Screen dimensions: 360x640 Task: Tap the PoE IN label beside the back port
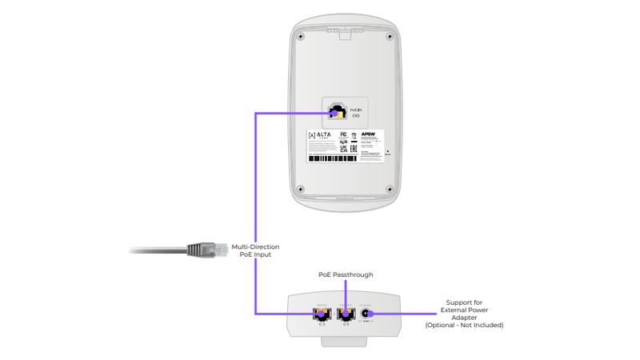pyautogui.click(x=356, y=110)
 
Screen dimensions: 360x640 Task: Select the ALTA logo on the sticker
pyautogui.click(x=319, y=136)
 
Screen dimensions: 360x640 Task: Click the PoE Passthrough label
pyautogui.click(x=346, y=274)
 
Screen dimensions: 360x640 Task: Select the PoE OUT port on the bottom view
pyautogui.click(x=346, y=314)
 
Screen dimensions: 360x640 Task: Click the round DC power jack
pyautogui.click(x=367, y=314)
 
